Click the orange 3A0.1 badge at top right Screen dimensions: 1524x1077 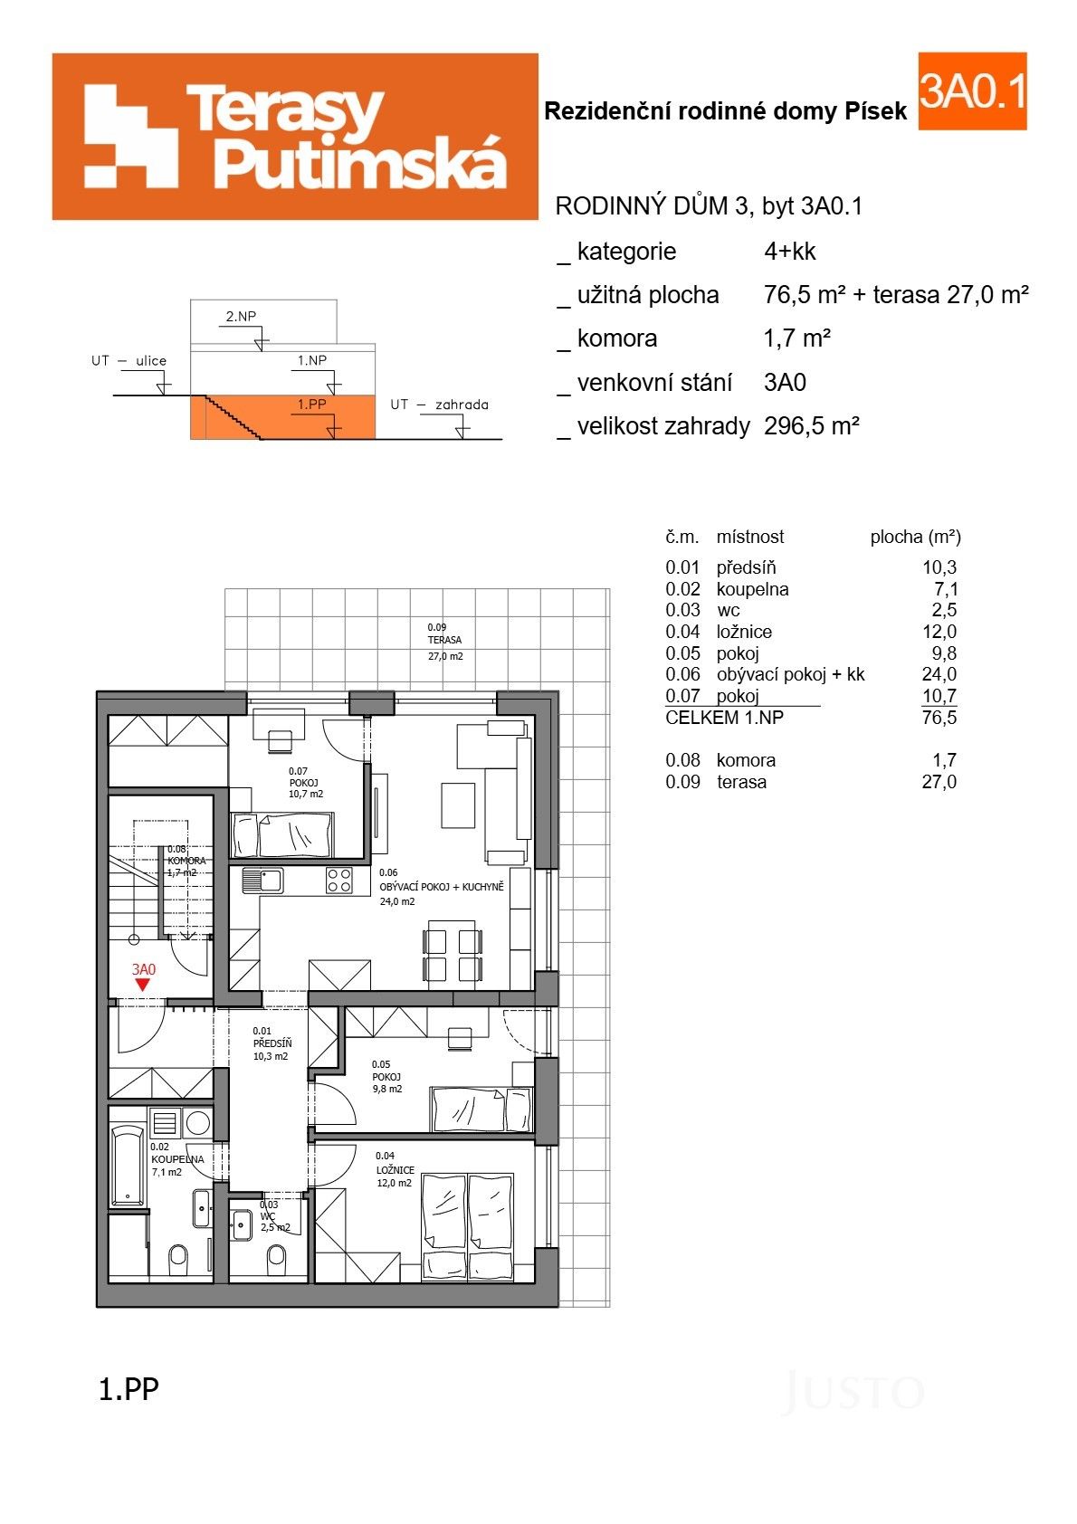point(972,91)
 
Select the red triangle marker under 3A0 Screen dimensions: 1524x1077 point(142,985)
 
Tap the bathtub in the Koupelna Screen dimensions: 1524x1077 point(128,1166)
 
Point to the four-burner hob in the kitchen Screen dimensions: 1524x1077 point(339,881)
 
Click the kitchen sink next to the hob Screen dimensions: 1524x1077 point(262,880)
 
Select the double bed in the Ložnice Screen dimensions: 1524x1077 point(467,1226)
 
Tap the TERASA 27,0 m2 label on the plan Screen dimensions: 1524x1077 point(444,641)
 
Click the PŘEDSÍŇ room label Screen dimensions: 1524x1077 point(272,1043)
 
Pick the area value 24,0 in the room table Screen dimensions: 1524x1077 point(939,674)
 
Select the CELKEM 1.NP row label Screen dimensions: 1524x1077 point(724,718)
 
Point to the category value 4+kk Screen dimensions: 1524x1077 point(789,252)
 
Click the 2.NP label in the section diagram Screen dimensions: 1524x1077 point(241,317)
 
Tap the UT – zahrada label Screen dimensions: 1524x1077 point(439,405)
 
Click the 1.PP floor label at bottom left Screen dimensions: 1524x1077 point(128,1389)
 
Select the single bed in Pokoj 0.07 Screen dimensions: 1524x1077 point(281,834)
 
